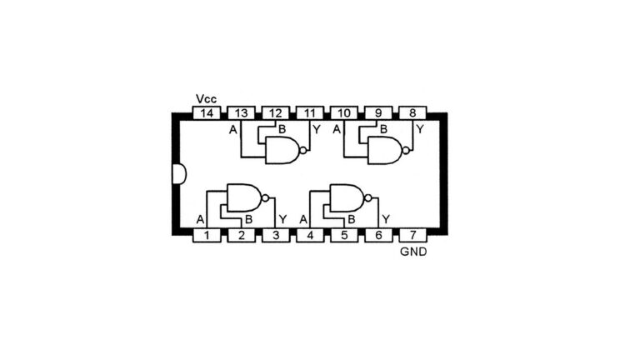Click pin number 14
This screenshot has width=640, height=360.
tap(207, 113)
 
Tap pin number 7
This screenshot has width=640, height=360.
tap(412, 236)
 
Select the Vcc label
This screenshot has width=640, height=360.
tap(206, 99)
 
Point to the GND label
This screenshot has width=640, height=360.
tap(413, 252)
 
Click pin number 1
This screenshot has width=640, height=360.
tap(207, 236)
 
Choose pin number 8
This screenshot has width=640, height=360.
tap(412, 113)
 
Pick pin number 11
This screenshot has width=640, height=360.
tap(310, 113)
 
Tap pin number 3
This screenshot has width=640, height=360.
tap(276, 236)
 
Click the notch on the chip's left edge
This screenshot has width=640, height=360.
tap(179, 174)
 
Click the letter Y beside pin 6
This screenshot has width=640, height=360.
tap(385, 220)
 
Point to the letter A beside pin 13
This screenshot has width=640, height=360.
tap(233, 130)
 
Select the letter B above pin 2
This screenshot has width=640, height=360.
tap(248, 220)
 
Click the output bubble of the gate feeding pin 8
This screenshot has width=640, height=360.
tap(406, 151)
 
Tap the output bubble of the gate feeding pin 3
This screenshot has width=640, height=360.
tap(265, 198)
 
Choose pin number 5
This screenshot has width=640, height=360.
tap(344, 236)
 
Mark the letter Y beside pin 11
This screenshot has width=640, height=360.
tap(317, 130)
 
